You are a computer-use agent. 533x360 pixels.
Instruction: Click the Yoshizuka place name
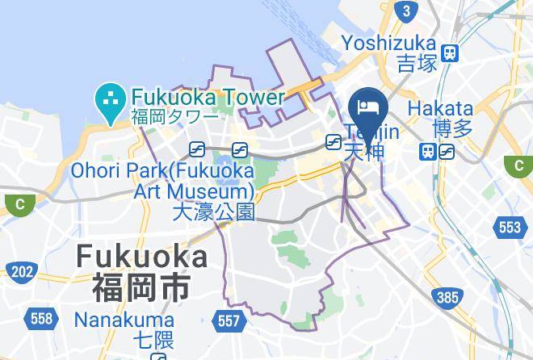click(x=389, y=43)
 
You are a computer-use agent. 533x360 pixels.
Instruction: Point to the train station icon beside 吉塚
click(x=451, y=53)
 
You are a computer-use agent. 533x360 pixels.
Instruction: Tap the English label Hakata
click(x=440, y=108)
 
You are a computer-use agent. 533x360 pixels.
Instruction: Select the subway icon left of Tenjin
click(x=332, y=142)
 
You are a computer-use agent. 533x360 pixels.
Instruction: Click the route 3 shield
click(x=407, y=10)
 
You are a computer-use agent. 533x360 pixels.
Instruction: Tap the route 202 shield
click(x=21, y=271)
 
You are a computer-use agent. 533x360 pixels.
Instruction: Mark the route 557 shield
click(x=229, y=321)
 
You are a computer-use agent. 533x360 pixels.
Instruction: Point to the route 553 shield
click(x=510, y=228)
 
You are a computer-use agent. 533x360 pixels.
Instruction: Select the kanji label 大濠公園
click(x=213, y=212)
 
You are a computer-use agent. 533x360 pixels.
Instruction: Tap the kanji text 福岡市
click(x=141, y=286)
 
